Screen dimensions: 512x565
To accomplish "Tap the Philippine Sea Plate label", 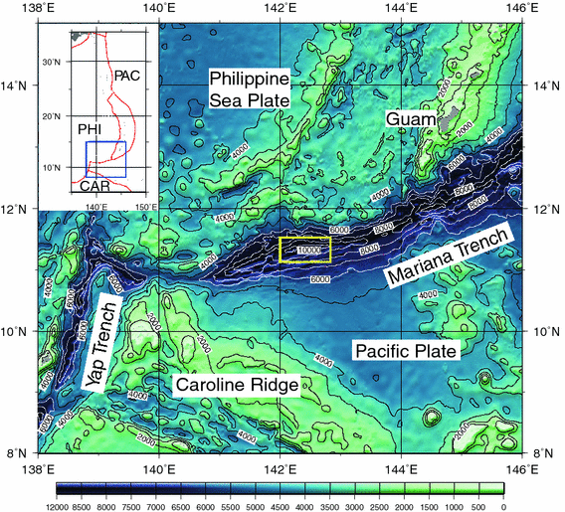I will (248, 89).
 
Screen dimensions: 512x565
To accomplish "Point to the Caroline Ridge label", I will (237, 386).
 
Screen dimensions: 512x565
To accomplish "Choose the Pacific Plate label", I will (405, 352).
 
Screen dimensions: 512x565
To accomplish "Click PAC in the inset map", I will (127, 76).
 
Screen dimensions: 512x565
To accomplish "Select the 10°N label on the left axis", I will (18, 331).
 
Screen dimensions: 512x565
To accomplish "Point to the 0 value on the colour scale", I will (504, 504).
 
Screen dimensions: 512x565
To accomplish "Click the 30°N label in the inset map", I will (52, 63).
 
